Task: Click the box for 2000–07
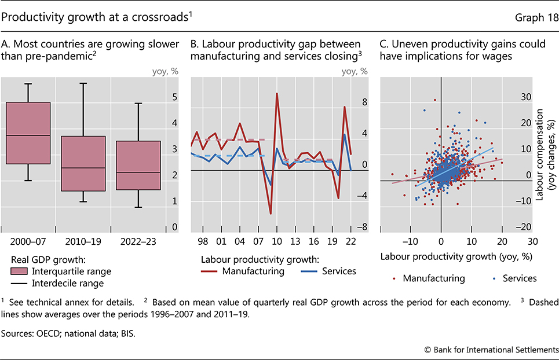pos(28,133)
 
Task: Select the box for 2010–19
pos(83,163)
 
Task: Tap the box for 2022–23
pos(138,165)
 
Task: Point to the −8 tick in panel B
pos(363,229)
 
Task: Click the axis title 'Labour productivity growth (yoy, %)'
pos(456,256)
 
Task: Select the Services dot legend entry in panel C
pos(515,278)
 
